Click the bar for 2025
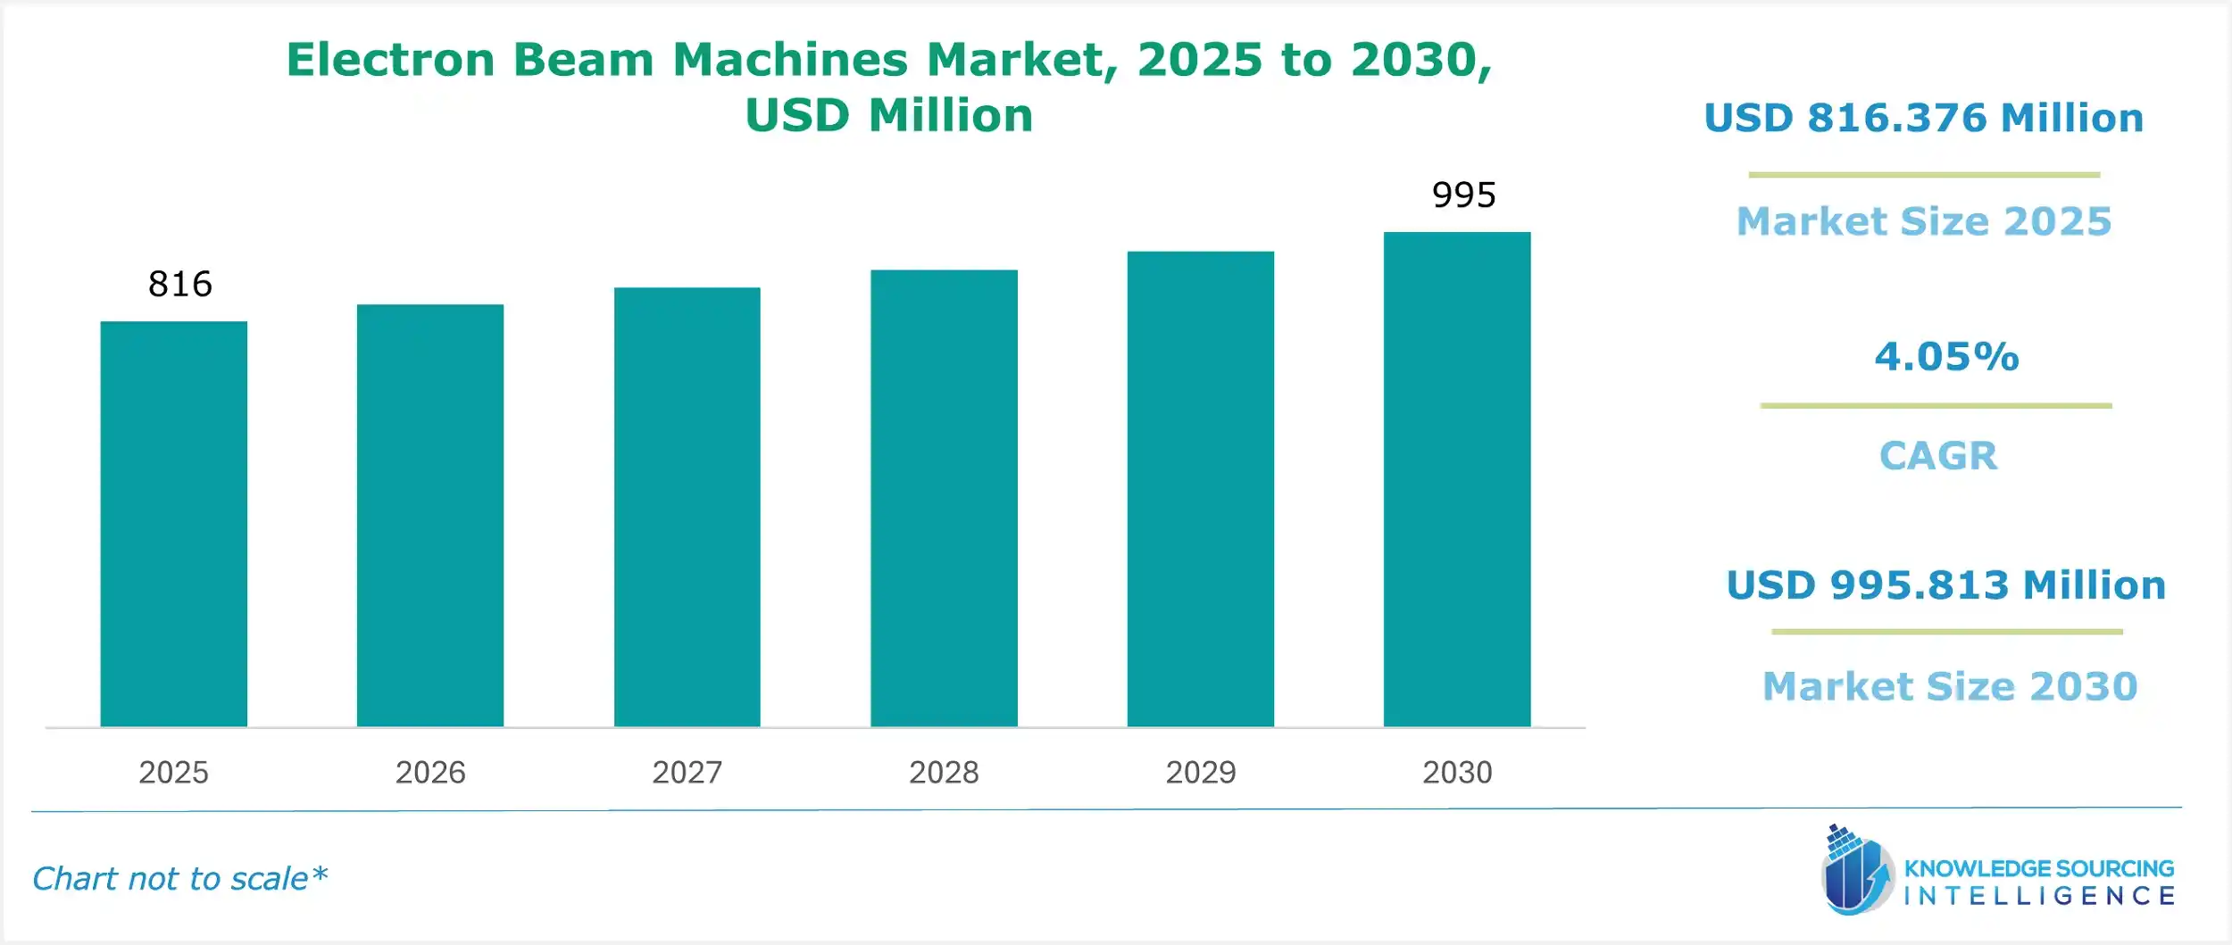(173, 524)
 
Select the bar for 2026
(430, 516)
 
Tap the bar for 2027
(687, 507)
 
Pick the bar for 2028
(944, 498)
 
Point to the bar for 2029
(1200, 489)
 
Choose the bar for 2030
(1457, 479)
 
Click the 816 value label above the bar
(180, 284)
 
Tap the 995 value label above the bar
(1463, 195)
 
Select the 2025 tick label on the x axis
(173, 772)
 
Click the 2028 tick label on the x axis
(944, 772)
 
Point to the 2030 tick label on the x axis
(1457, 772)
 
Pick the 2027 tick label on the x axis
(687, 772)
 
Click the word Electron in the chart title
(390, 60)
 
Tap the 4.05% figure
(1946, 357)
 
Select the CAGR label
(1937, 456)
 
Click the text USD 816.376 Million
(1923, 118)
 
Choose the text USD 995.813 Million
(1945, 585)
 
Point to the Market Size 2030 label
(1950, 686)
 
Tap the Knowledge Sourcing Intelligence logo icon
(1857, 871)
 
